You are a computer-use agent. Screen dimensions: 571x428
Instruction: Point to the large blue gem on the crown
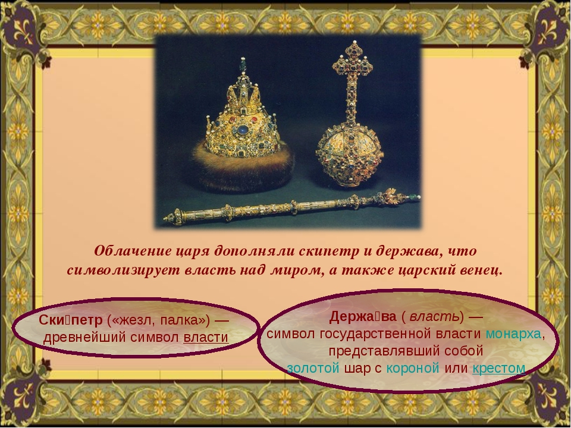pos(243,130)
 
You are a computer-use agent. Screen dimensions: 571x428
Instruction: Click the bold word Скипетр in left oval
pos(71,320)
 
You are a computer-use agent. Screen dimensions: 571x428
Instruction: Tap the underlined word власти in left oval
pos(206,338)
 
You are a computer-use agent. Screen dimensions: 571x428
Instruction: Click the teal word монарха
pos(513,333)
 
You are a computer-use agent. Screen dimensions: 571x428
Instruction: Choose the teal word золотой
pos(313,368)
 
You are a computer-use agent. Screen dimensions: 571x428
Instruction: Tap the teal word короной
pos(413,369)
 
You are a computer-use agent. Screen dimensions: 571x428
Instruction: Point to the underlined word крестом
pos(499,369)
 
